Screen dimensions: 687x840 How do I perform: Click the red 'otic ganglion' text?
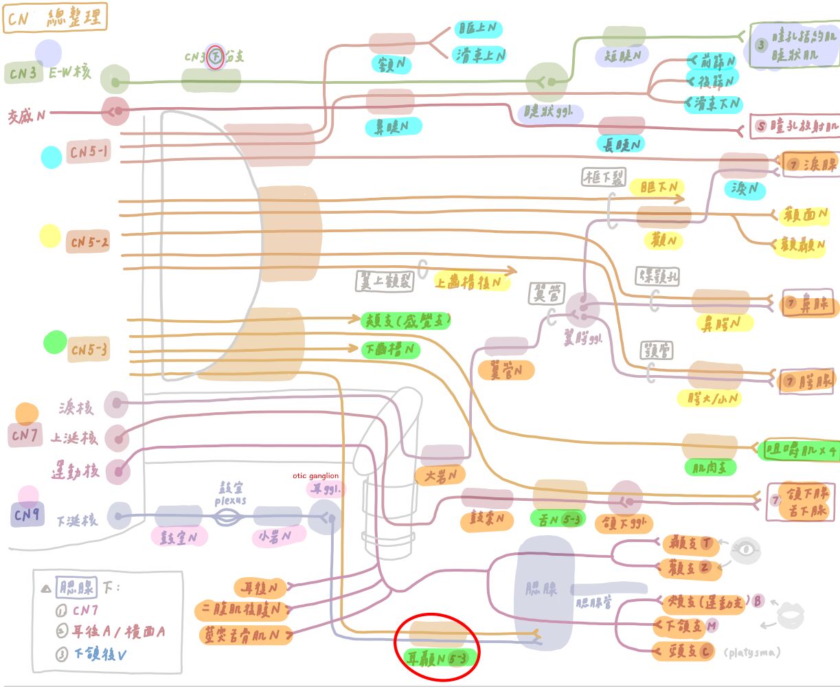point(316,476)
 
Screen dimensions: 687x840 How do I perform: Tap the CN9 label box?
point(27,516)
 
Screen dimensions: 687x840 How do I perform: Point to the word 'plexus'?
point(230,501)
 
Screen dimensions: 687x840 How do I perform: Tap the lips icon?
point(789,613)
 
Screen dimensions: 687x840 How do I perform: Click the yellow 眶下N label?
point(659,187)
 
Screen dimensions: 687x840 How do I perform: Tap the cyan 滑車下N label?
point(714,104)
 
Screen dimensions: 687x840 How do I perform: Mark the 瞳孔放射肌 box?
point(795,126)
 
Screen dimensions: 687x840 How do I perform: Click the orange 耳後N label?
point(260,588)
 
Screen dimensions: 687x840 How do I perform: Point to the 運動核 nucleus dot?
point(118,472)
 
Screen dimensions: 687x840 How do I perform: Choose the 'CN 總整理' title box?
point(55,19)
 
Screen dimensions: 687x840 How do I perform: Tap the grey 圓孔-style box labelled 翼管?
point(546,294)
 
